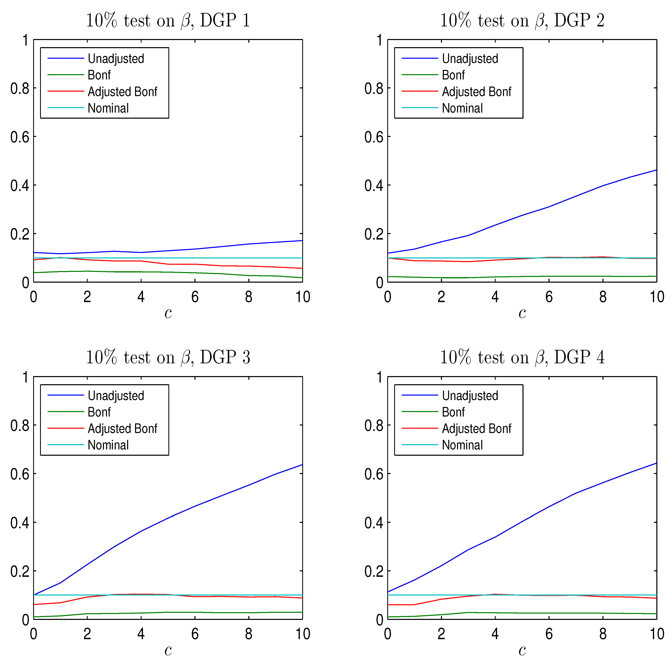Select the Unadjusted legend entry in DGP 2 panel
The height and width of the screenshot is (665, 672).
click(470, 59)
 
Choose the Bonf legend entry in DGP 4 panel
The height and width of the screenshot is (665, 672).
click(453, 412)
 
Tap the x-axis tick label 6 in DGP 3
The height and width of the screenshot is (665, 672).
click(195, 634)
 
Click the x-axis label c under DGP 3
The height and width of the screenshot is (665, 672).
click(168, 650)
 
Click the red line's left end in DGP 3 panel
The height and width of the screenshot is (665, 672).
click(34, 604)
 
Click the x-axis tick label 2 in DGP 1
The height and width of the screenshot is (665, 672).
click(87, 297)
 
